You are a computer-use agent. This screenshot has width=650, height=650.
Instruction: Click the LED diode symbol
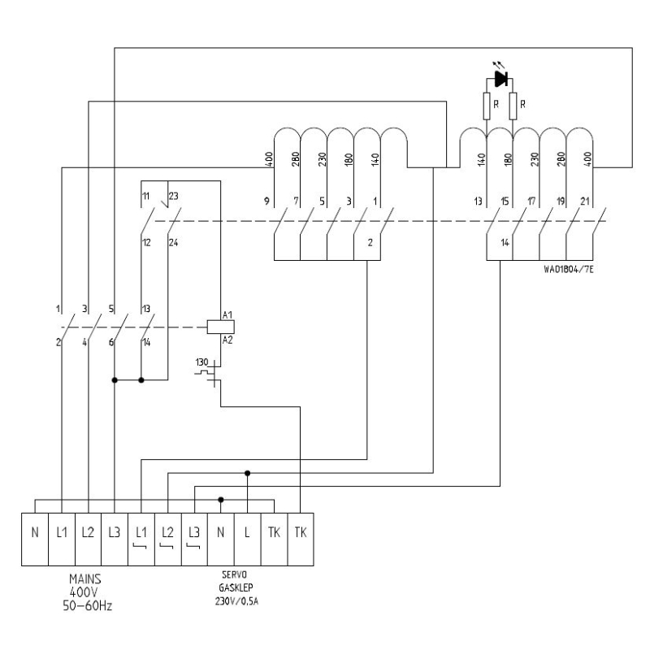point(501,79)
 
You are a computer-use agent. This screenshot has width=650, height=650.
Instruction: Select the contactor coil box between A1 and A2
point(220,327)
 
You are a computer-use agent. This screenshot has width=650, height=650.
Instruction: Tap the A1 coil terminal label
point(227,315)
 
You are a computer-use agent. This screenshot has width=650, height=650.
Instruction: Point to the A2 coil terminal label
point(227,340)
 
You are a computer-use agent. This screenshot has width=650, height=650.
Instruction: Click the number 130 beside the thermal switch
point(201,362)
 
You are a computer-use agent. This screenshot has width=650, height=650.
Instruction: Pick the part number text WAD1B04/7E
point(568,270)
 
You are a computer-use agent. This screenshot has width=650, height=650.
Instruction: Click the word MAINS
point(85,578)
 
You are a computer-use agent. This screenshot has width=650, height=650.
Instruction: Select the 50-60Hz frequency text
point(87,605)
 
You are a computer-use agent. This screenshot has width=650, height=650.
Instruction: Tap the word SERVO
point(234,574)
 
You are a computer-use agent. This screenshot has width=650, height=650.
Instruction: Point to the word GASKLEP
point(236,587)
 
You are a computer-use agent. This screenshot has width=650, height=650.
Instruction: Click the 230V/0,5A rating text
point(236,601)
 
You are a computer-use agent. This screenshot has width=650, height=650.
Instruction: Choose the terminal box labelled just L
point(248,539)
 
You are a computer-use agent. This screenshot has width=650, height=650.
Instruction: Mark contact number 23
point(173,196)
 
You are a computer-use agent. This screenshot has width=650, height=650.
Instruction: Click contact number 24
point(173,242)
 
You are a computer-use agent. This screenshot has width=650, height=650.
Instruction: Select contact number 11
point(146,196)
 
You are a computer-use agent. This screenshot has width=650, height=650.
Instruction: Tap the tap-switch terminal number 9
point(267,201)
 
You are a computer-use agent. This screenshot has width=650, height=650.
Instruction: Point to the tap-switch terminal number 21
point(584,201)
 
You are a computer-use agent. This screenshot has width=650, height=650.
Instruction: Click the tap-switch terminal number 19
point(561,201)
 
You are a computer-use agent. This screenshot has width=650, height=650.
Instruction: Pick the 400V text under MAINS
point(84,592)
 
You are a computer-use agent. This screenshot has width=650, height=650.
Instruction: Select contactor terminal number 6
point(111,342)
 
